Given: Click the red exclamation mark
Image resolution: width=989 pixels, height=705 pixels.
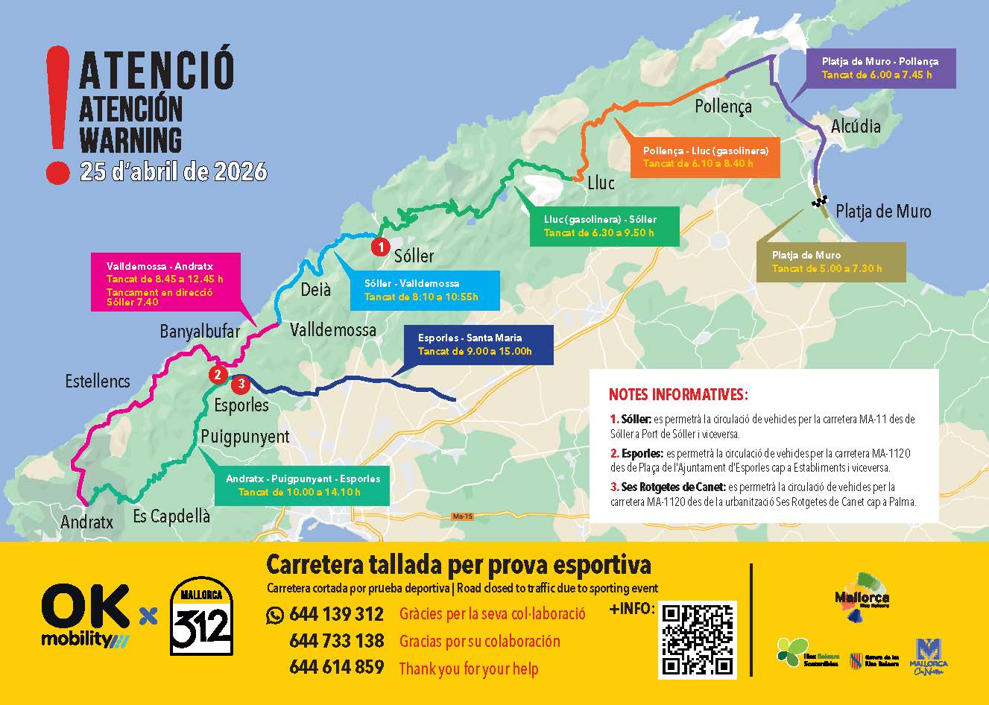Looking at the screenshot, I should [57, 112].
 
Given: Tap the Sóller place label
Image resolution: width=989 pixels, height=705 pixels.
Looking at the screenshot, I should [414, 256].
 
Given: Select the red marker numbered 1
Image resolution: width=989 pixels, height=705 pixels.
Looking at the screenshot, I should [380, 244].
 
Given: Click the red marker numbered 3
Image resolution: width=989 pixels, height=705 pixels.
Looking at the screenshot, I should [241, 385].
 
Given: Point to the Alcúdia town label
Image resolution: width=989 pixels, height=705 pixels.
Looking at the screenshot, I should [856, 125].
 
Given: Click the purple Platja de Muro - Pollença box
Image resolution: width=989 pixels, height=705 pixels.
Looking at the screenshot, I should [879, 68].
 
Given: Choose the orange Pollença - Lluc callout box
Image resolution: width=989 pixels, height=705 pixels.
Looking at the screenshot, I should [704, 157].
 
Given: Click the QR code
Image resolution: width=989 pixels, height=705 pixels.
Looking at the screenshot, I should [697, 639].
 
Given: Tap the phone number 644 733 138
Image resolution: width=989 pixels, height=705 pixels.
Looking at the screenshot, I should [336, 641].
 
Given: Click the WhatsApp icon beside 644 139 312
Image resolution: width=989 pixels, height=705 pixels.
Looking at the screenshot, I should [275, 615].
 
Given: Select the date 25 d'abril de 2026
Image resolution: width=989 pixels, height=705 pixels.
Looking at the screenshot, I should [173, 172].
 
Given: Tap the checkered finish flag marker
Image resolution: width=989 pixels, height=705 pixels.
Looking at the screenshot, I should [821, 201].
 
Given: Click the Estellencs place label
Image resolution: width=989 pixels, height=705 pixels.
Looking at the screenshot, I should [98, 382].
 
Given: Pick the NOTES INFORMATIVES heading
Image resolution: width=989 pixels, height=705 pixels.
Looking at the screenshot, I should [678, 394].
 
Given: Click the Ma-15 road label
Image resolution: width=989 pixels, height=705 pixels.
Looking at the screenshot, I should [463, 516].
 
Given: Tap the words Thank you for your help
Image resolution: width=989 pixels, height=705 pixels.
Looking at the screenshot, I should [468, 668].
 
